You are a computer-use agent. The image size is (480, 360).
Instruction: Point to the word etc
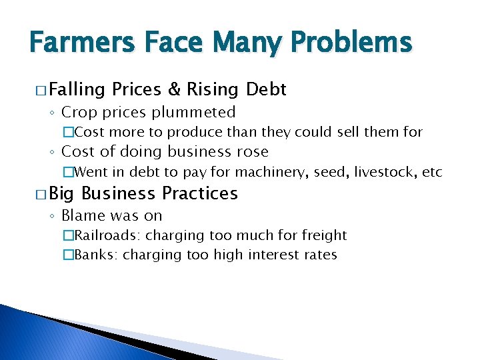(433, 172)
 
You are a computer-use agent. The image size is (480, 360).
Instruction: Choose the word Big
(62, 194)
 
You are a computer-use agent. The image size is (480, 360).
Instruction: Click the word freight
(325, 235)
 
